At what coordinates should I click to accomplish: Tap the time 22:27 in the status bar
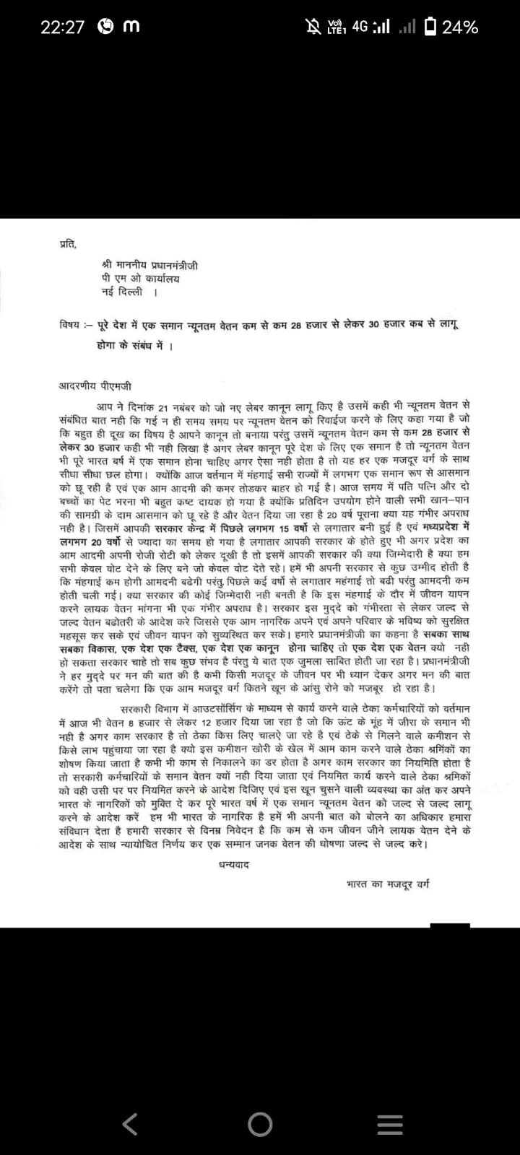[62, 27]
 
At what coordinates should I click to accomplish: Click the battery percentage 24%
[460, 27]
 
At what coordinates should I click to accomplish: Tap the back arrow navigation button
[130, 1102]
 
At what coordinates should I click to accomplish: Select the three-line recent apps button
[390, 1103]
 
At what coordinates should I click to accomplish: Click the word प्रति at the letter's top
[67, 243]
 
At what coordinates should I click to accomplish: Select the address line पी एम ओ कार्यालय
[141, 279]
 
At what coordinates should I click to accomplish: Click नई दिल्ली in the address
[122, 292]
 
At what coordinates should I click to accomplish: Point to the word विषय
[70, 325]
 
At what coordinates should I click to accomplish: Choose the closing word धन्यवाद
[233, 864]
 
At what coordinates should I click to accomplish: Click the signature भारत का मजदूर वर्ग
[388, 883]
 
